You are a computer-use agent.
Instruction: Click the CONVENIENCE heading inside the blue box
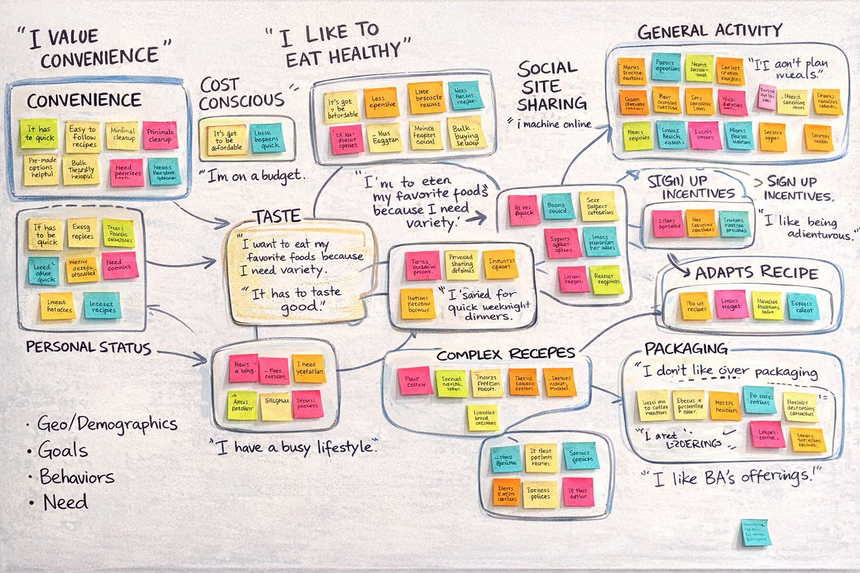coord(84,101)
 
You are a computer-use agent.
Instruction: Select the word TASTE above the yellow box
coord(277,217)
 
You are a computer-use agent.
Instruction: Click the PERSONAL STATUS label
coord(88,347)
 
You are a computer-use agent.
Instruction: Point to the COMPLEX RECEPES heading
coord(506,354)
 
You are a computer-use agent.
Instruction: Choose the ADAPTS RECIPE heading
coord(756,273)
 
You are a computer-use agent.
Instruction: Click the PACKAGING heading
coord(686,349)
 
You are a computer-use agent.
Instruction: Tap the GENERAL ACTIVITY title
coord(709,31)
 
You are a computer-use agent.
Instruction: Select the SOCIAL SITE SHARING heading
coord(551,87)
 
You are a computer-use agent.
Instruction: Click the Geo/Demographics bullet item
coord(107,424)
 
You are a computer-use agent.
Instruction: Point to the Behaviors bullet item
coord(77,477)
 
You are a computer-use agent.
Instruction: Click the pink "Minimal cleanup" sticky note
coord(160,135)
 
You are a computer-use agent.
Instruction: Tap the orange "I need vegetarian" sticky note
coord(309,368)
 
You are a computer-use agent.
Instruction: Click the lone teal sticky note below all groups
coord(755,532)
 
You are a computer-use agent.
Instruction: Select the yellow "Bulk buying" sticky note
coord(465,133)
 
